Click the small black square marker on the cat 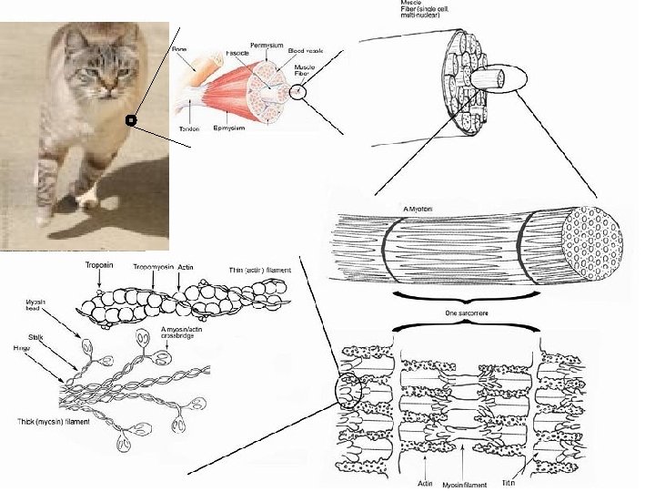point(131,119)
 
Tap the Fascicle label point(237,54)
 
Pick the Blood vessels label point(303,52)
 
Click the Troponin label point(99,265)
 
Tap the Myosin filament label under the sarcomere point(466,484)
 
